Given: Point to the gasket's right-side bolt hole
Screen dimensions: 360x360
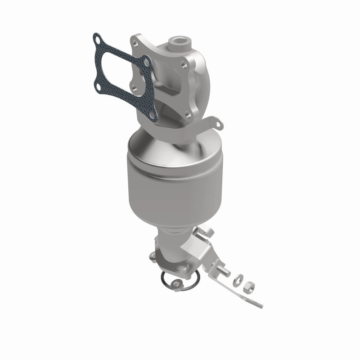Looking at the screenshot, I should [x=146, y=62].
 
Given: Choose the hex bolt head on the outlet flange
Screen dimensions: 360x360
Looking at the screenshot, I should [x=184, y=269].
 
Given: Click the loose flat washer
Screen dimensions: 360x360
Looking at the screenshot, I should [x=239, y=279].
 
